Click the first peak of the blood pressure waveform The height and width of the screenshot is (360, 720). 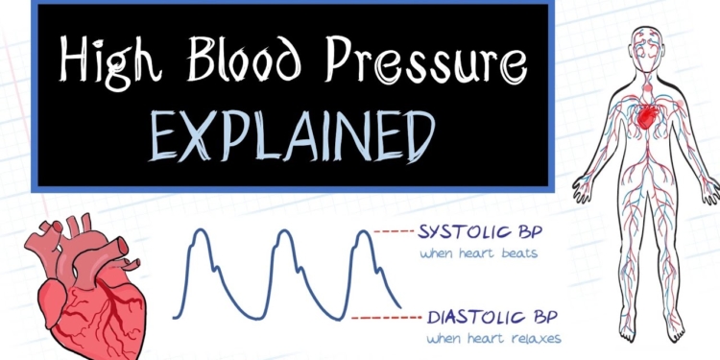(x=196, y=233)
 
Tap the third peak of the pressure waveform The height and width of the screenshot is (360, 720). (x=362, y=233)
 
